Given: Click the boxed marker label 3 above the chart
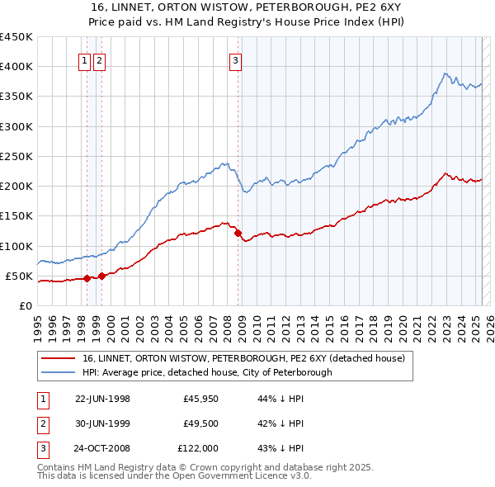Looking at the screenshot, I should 235,59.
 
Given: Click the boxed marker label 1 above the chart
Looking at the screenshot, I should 85,59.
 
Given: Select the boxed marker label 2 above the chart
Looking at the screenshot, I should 99,59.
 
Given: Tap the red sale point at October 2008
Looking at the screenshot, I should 238,234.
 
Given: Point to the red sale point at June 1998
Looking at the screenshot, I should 87,278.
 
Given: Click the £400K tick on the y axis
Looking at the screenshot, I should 16,67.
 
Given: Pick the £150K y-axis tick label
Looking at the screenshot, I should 16,216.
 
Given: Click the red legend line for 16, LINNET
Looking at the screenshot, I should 59,359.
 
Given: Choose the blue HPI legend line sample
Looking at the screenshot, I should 59,372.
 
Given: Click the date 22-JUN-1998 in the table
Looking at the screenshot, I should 102,399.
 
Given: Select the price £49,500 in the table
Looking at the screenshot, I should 200,423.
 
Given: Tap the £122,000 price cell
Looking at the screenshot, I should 198,448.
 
